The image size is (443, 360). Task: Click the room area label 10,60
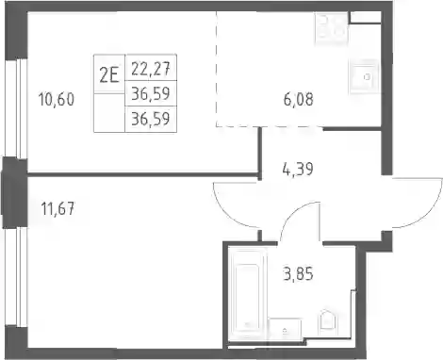coord(57,100)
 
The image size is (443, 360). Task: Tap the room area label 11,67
coord(58,208)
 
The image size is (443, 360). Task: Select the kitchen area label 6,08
coord(298,100)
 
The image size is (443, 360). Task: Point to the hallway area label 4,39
coord(298,169)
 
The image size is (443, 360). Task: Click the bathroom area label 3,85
coord(298,274)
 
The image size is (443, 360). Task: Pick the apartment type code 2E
coord(109,75)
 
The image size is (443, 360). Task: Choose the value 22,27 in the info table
coord(151,68)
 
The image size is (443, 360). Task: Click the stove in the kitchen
coord(332,27)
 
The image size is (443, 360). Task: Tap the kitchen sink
coord(364,76)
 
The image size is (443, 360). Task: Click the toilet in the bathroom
coord(327,322)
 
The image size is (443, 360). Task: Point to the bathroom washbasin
coord(285,329)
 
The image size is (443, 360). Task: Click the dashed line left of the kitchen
coord(216,69)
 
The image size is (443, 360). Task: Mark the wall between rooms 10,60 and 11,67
coord(143,173)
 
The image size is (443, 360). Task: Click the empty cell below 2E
coord(109,113)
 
